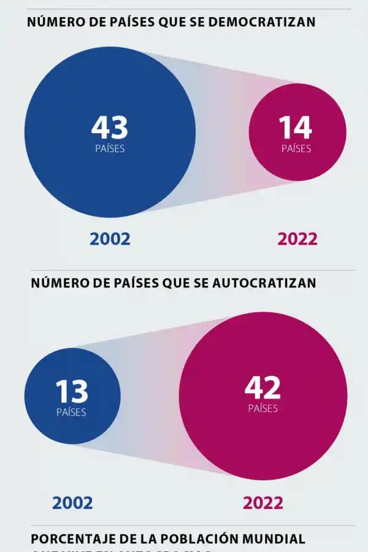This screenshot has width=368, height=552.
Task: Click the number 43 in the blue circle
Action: pos(110,128)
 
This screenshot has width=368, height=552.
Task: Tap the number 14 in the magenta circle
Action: pos(296,128)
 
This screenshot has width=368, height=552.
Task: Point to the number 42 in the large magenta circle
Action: pos(263,388)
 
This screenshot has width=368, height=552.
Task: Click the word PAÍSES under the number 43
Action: pos(110,148)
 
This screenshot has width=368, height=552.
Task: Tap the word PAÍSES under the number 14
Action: pos(296,148)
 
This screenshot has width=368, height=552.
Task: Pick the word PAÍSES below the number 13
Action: pos(71,413)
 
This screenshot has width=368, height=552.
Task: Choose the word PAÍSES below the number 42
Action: pos(263,408)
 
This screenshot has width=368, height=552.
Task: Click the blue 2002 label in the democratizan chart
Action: pos(110,239)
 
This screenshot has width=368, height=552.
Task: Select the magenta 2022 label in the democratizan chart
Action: pos(297,239)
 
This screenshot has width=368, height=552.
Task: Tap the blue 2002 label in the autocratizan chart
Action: pos(72,503)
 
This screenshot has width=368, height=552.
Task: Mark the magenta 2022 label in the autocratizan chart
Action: pos(263,503)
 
